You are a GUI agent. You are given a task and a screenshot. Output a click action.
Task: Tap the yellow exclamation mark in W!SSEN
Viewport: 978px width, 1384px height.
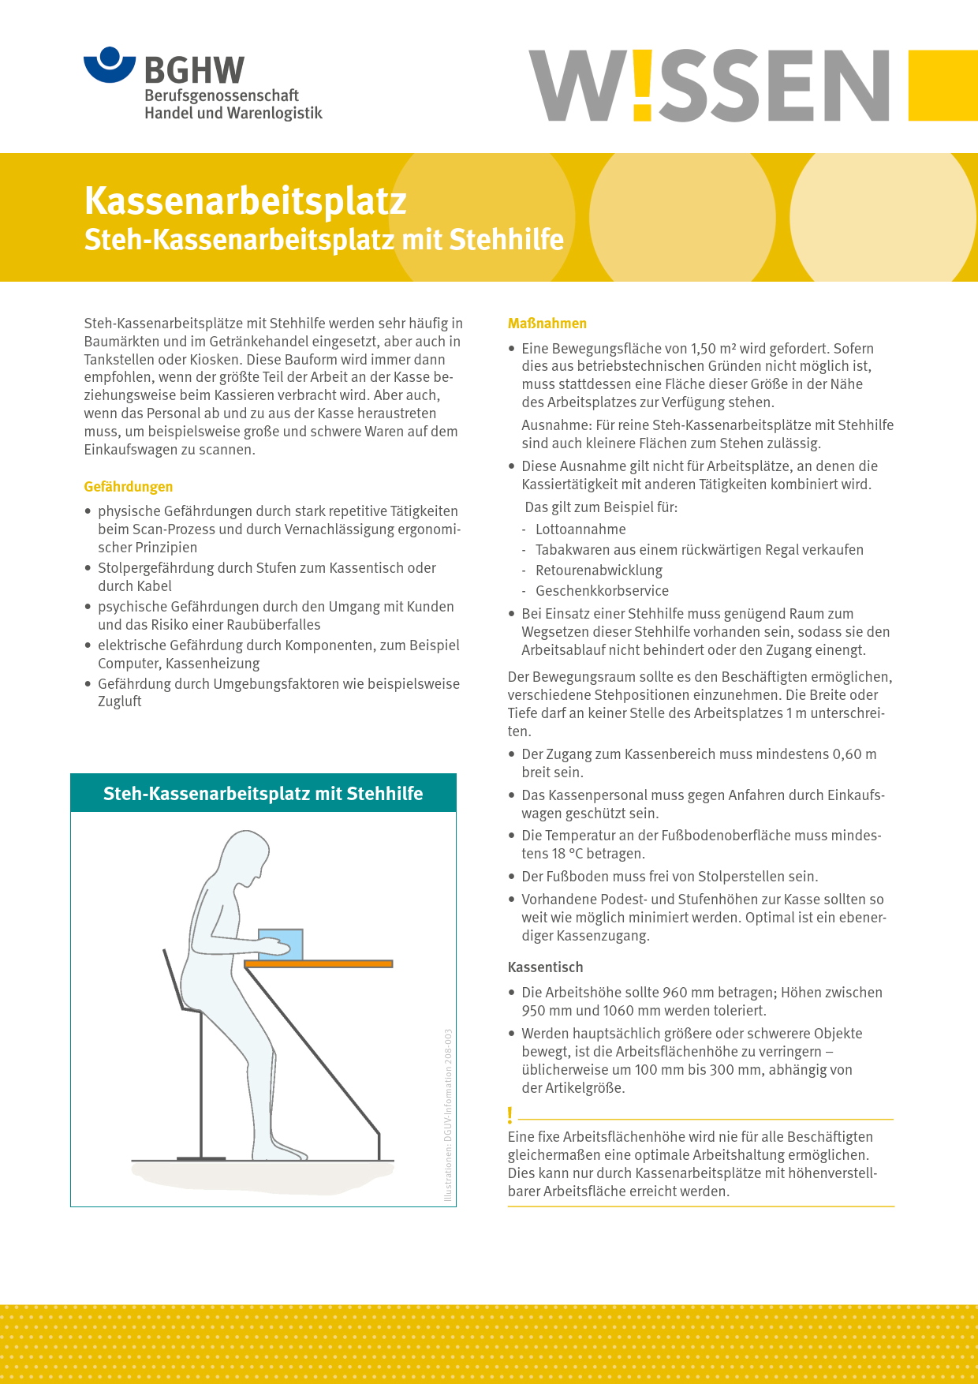(x=642, y=85)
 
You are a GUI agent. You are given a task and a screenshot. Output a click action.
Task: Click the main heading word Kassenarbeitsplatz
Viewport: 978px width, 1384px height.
(x=245, y=200)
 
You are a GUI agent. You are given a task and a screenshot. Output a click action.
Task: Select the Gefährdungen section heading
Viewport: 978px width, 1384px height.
(x=129, y=487)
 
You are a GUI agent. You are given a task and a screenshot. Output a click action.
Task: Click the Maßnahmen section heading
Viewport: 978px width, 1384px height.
(x=547, y=324)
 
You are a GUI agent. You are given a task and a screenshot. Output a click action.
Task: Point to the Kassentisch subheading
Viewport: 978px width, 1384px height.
(x=546, y=967)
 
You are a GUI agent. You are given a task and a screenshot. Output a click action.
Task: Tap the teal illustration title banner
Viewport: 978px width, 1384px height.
(x=263, y=794)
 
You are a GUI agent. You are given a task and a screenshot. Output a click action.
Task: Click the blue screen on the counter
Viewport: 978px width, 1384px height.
(x=282, y=944)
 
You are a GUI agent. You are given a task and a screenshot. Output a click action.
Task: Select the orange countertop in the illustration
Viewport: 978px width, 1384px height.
(x=319, y=964)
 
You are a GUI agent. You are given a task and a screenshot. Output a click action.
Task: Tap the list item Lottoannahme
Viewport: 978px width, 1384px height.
(x=580, y=529)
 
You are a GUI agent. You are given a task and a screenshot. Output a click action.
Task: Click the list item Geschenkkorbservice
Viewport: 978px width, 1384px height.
(x=602, y=591)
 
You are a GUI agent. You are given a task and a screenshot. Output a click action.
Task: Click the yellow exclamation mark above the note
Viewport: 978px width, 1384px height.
(x=510, y=1115)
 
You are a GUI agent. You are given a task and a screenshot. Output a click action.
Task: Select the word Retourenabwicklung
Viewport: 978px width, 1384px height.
(x=599, y=570)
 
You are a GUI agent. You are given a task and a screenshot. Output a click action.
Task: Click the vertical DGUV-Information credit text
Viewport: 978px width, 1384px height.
(x=448, y=1114)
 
